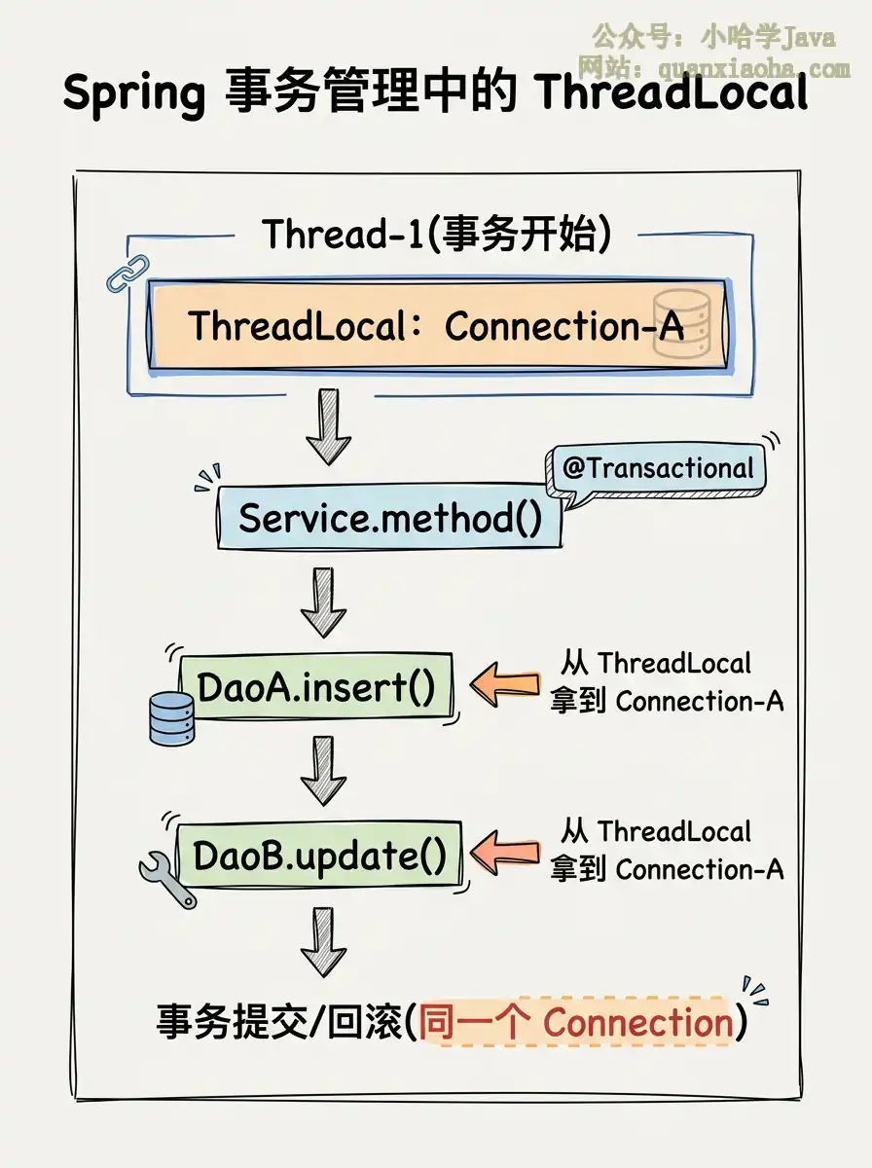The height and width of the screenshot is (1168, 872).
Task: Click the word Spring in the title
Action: pos(133,93)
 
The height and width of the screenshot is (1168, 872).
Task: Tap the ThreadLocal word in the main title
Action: pos(672,93)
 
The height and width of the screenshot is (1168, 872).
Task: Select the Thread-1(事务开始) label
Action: pos(436,235)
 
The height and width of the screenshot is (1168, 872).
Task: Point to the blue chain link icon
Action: pos(127,273)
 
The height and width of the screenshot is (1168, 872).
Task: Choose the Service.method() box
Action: pos(389,517)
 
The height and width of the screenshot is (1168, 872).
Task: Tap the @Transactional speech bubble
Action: pos(658,469)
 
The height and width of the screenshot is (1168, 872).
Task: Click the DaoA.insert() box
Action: pos(316,687)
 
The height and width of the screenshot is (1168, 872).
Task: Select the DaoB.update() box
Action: pos(319,856)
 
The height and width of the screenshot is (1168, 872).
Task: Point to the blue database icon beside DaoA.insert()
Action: pos(171,717)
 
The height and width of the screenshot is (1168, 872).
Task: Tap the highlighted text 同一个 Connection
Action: pos(576,1023)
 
